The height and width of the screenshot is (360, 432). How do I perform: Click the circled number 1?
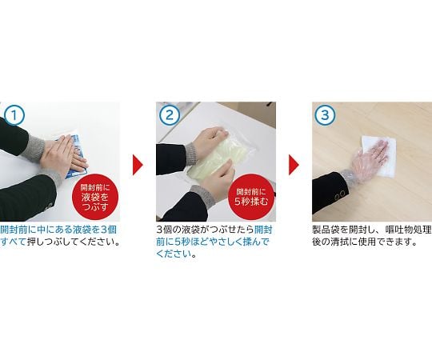click(x=14, y=115)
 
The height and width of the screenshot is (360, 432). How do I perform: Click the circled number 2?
click(x=170, y=115)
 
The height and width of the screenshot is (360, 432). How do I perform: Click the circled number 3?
click(x=326, y=115)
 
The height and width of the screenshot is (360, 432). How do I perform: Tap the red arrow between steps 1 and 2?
click(x=138, y=165)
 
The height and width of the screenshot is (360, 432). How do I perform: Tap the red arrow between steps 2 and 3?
click(x=294, y=165)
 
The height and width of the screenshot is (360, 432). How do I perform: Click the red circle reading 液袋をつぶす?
click(x=95, y=197)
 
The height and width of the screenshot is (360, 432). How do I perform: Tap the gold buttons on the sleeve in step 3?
click(x=339, y=195)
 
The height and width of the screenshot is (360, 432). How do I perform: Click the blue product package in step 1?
click(x=72, y=155)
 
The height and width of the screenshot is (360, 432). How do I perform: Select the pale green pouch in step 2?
click(x=211, y=157)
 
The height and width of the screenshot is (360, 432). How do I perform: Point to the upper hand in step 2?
click(x=210, y=141)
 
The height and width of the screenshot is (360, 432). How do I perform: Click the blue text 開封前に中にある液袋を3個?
click(x=58, y=230)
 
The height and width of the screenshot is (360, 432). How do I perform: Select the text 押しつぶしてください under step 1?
click(x=74, y=242)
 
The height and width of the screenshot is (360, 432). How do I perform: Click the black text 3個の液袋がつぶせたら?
click(x=205, y=230)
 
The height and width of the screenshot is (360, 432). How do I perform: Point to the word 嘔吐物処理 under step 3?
click(x=408, y=230)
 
